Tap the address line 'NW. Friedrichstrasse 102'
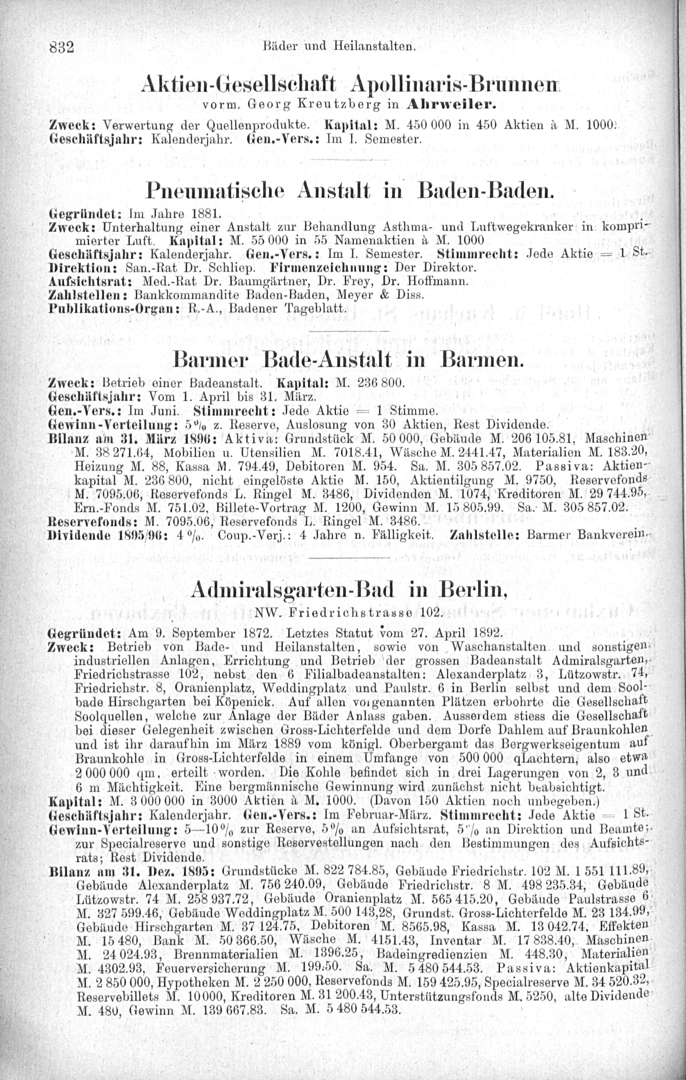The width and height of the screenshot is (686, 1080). click(x=348, y=612)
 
